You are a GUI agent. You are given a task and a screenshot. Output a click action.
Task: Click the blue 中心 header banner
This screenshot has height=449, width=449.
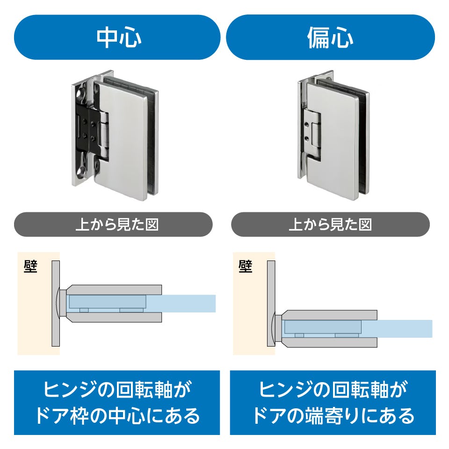(x=117, y=37)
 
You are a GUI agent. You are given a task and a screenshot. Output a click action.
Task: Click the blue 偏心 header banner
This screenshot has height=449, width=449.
(x=330, y=37)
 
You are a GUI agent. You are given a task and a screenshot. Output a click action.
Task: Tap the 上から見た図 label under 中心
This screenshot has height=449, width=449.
(x=117, y=224)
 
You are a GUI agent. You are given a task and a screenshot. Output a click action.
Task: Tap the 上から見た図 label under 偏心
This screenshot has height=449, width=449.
(x=330, y=224)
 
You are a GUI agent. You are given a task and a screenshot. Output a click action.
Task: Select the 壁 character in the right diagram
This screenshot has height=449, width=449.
(x=245, y=267)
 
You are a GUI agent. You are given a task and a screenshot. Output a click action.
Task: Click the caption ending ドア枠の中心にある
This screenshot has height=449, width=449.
(x=117, y=402)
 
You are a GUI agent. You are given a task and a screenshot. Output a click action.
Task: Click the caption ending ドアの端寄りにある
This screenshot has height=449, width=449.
(x=333, y=402)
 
